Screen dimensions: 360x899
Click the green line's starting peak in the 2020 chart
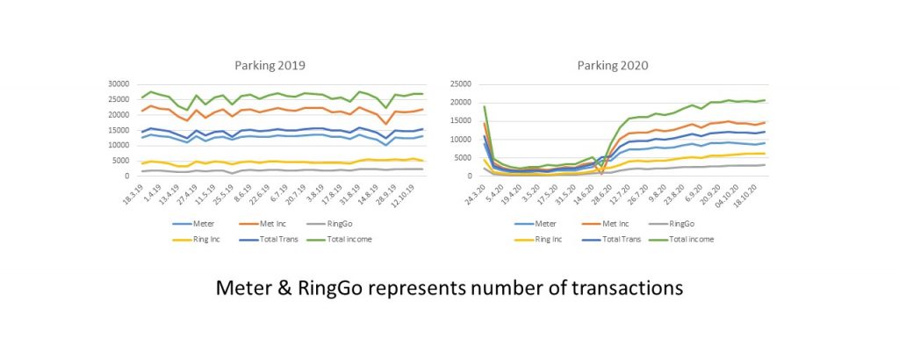click(485, 106)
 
